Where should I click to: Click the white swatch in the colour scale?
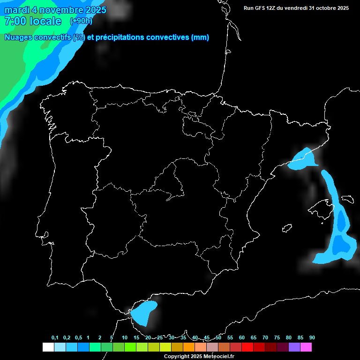coord(48,347)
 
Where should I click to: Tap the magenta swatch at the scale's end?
coord(306,347)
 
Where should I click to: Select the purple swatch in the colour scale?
coord(294,347)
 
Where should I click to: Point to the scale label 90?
coord(312,337)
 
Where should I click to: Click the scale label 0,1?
coord(55,337)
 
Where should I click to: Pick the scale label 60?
coord(242,337)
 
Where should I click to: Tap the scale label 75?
coord(277,337)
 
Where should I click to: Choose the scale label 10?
coord(125,337)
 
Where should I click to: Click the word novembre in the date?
coord(59,10)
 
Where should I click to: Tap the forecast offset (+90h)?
coord(81,21)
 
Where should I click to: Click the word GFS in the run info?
coord(262,8)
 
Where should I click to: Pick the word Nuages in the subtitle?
coord(17,37)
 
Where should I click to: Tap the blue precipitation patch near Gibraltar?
coord(143,312)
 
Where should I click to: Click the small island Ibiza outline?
coord(287,228)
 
